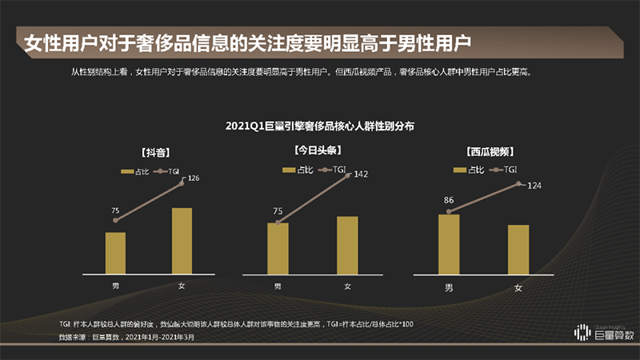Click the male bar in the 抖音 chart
point(115,254)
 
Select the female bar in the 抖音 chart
point(182,242)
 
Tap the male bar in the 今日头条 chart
point(278,249)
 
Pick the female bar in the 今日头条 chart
point(347,246)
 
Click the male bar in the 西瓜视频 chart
point(449,245)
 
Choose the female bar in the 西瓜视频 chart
point(518,250)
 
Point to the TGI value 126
point(193,178)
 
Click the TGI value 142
point(361,174)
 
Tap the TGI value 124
point(536,186)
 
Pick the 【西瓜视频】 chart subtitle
point(489,151)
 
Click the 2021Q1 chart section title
point(319,126)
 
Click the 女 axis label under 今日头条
point(347,286)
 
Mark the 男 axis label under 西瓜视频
point(449,286)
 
